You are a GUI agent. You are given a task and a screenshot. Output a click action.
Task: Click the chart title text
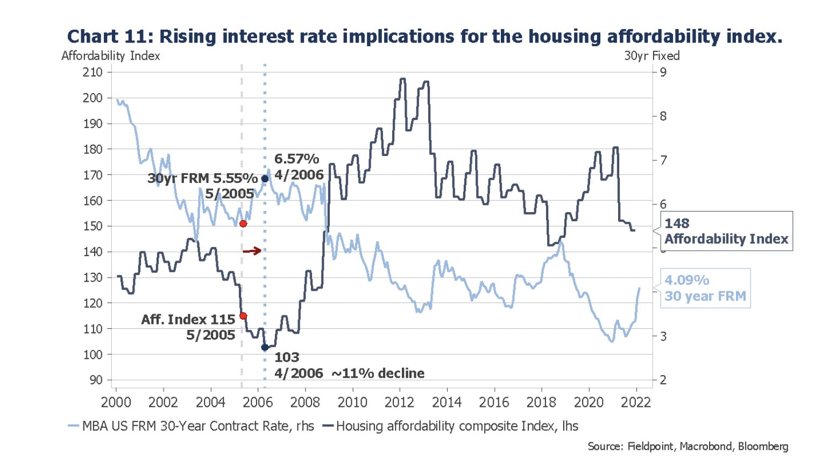(x=424, y=36)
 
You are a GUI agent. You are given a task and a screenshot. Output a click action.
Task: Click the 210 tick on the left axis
(x=93, y=72)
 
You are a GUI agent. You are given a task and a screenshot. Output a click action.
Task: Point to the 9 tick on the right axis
(x=663, y=72)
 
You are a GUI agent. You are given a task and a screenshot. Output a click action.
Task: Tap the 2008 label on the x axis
(x=305, y=403)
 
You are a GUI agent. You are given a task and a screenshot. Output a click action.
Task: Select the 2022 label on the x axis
(x=636, y=403)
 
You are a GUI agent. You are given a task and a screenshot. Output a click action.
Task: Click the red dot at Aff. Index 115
(x=243, y=316)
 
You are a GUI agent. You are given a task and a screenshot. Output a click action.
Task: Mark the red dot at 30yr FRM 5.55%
(x=243, y=223)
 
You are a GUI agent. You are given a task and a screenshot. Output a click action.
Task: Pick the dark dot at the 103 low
(x=265, y=348)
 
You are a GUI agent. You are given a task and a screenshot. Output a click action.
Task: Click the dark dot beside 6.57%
(x=265, y=179)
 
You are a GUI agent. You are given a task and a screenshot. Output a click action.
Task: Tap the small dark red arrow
(x=252, y=251)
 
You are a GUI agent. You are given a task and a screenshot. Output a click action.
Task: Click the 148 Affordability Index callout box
(x=726, y=231)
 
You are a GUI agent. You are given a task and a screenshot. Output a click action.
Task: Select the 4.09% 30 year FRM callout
(x=705, y=288)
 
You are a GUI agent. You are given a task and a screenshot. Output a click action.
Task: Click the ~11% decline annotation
(x=378, y=373)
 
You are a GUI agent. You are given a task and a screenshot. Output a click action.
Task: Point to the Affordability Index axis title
(x=110, y=56)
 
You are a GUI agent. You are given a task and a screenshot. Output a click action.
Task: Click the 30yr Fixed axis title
(x=651, y=56)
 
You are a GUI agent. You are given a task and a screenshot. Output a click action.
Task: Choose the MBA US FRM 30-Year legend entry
(x=192, y=426)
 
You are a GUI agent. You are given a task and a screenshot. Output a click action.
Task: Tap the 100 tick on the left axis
(x=93, y=355)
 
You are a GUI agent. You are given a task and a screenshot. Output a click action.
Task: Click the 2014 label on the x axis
(x=447, y=403)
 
